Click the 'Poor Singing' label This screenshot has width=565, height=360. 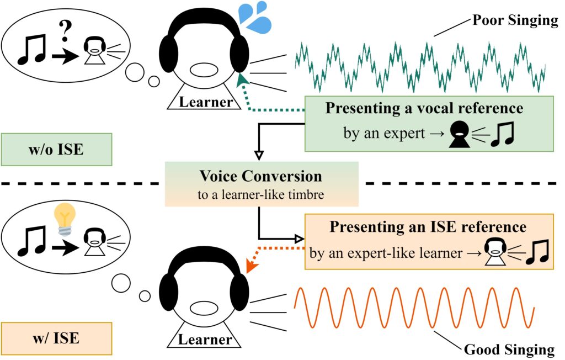515,22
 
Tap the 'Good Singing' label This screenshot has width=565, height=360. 509,349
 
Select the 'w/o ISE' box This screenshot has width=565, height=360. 57,149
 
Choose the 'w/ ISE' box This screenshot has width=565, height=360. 57,338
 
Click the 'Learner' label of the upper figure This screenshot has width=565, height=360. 206,102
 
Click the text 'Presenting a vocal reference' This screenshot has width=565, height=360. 424,108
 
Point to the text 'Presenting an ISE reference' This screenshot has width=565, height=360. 427,226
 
